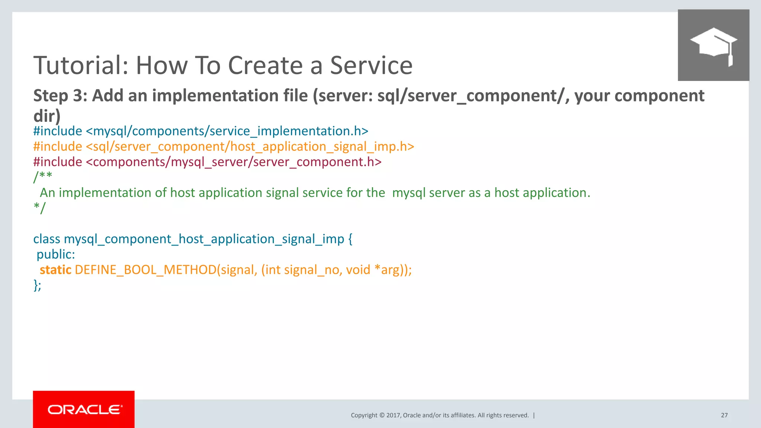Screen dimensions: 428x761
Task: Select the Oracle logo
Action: (x=84, y=409)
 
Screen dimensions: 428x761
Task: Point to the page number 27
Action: (x=724, y=415)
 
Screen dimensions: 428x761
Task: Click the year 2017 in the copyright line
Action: (x=393, y=415)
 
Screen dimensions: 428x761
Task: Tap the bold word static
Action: (x=55, y=270)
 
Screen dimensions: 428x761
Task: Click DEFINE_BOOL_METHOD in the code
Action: (x=146, y=270)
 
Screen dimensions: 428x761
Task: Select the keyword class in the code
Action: (x=46, y=239)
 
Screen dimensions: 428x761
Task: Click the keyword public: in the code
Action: (x=56, y=254)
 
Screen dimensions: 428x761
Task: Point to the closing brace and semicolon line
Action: (x=37, y=285)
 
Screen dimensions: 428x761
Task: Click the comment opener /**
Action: (x=43, y=177)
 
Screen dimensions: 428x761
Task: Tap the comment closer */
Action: (x=39, y=208)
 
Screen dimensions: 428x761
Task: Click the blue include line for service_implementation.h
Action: (x=201, y=131)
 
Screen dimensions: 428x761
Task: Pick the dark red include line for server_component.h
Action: (x=207, y=162)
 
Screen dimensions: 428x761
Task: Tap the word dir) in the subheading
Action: (x=47, y=116)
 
